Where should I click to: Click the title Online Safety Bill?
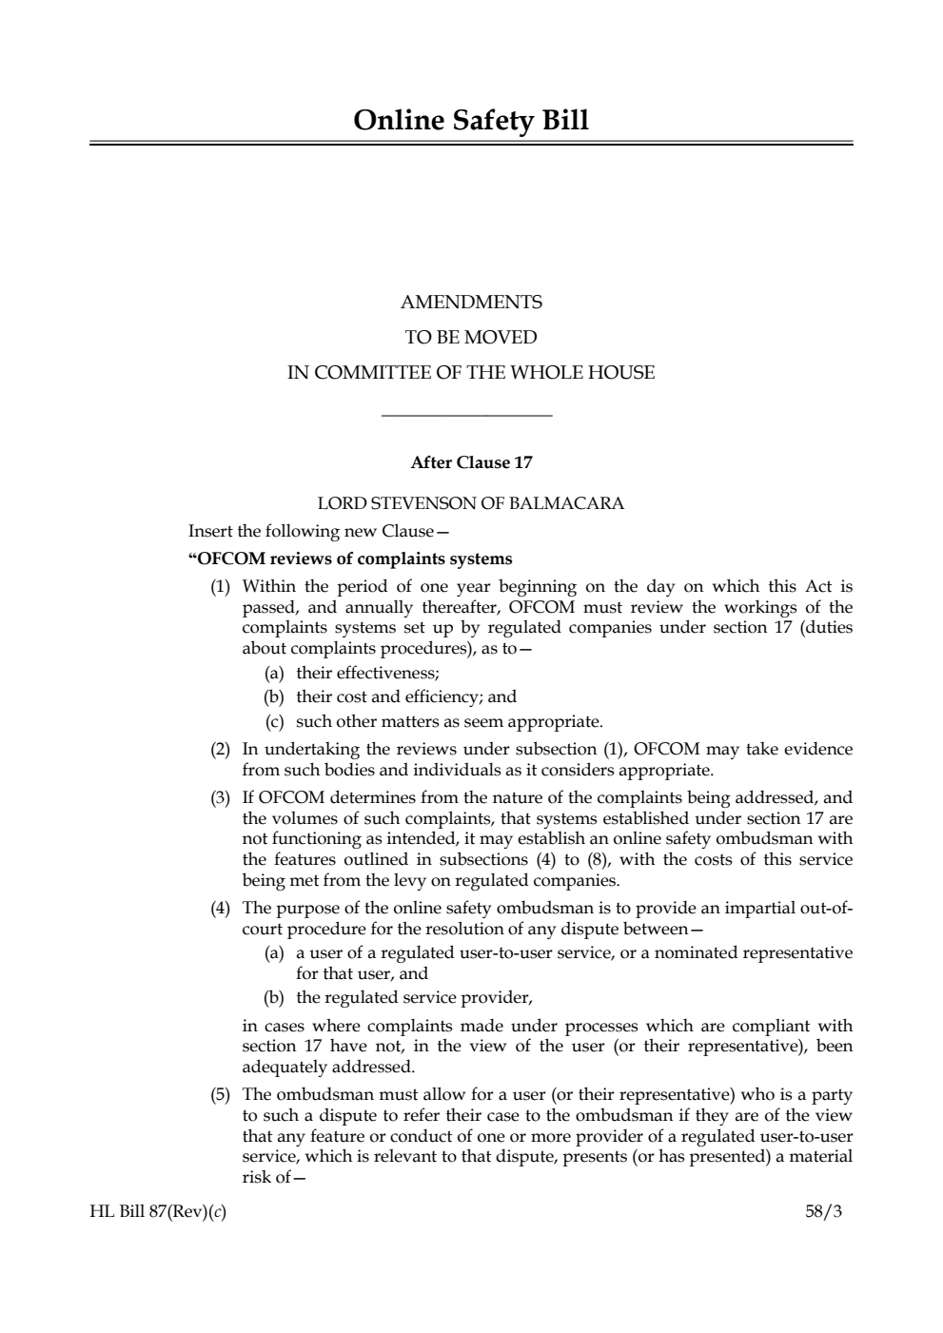[x=471, y=121]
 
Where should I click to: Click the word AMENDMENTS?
[x=471, y=303]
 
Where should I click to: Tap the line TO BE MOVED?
[x=471, y=338]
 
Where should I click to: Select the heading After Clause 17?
[x=471, y=463]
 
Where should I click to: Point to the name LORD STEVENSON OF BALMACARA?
[x=471, y=503]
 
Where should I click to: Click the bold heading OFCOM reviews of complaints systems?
[x=350, y=559]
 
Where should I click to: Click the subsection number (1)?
[x=221, y=586]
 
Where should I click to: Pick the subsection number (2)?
[x=221, y=750]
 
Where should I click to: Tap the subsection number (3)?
[x=221, y=797]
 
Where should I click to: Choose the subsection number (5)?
[x=221, y=1094]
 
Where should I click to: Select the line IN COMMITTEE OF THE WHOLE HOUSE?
[x=471, y=373]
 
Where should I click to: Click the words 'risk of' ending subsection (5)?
[x=267, y=1178]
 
